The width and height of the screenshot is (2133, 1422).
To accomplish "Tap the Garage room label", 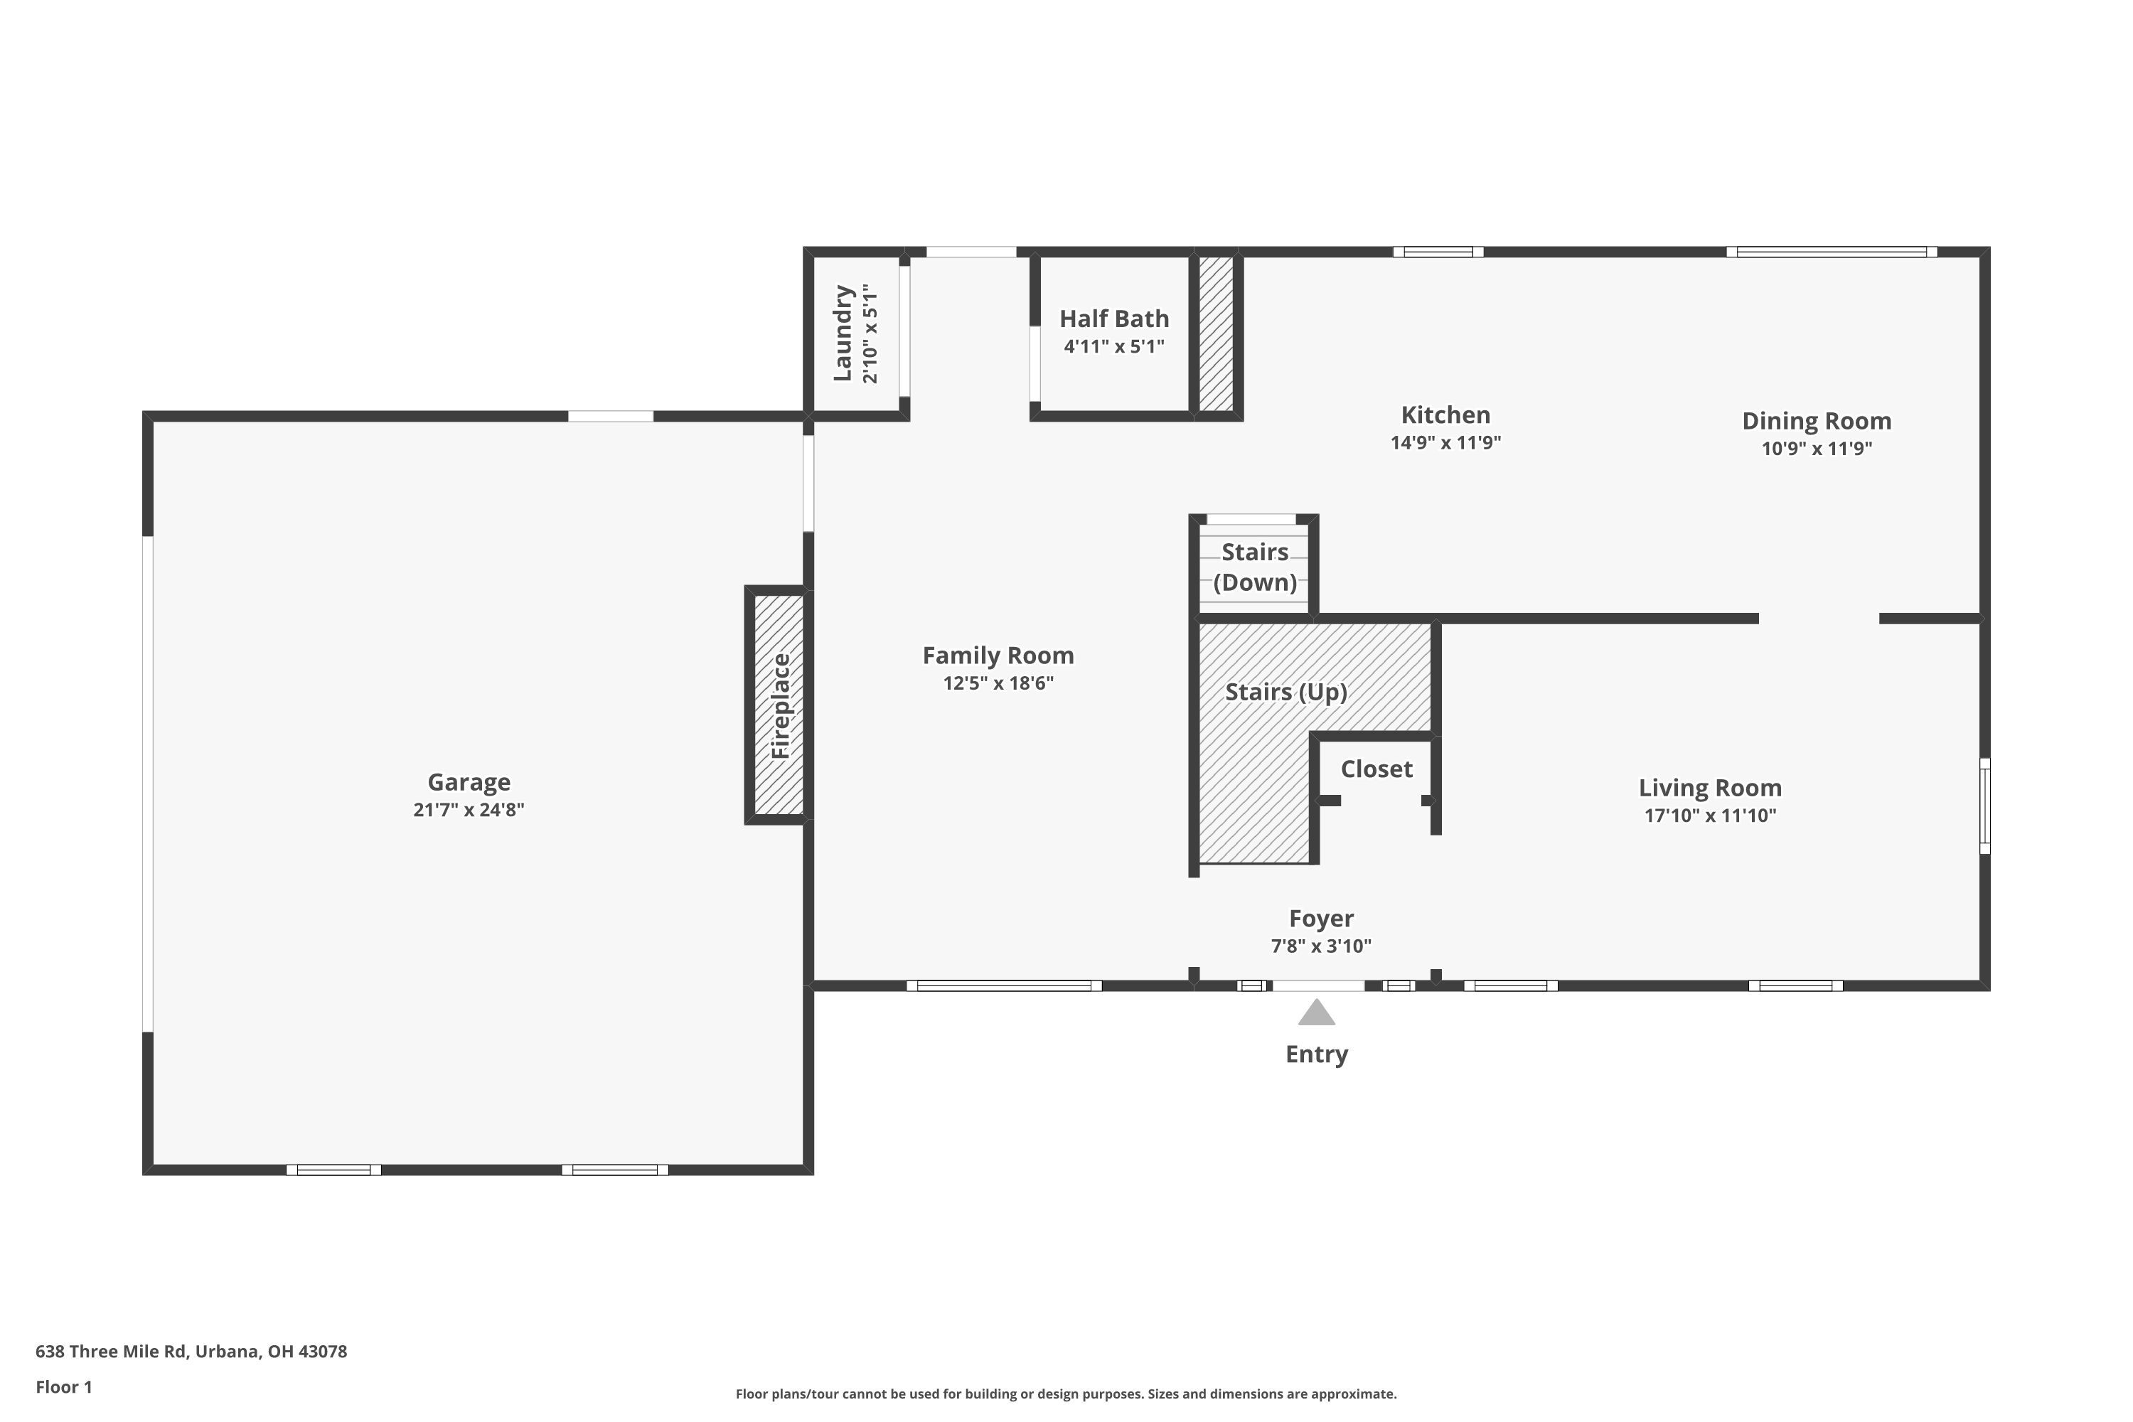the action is [x=469, y=781].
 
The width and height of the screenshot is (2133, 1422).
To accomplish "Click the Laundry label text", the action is [x=843, y=333].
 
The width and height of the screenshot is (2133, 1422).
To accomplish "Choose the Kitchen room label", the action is [x=1445, y=415].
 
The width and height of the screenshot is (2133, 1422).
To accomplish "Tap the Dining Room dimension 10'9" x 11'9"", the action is [x=1817, y=448].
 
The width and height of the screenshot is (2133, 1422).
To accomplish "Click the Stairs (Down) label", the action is [x=1255, y=567].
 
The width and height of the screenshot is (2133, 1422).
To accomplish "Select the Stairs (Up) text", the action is [x=1286, y=692].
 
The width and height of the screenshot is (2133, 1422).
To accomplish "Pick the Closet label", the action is [x=1376, y=769].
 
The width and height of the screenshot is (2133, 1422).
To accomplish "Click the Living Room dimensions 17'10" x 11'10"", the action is [x=1711, y=816].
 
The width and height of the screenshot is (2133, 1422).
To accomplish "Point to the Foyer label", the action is [x=1321, y=919].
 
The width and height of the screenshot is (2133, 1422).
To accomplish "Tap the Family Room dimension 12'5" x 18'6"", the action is [x=998, y=683].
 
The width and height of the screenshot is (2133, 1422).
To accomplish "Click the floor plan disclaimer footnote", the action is [x=1066, y=1394].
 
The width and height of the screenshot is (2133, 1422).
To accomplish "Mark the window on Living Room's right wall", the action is [x=1984, y=806].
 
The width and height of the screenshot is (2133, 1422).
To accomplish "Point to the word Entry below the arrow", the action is [x=1317, y=1054].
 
